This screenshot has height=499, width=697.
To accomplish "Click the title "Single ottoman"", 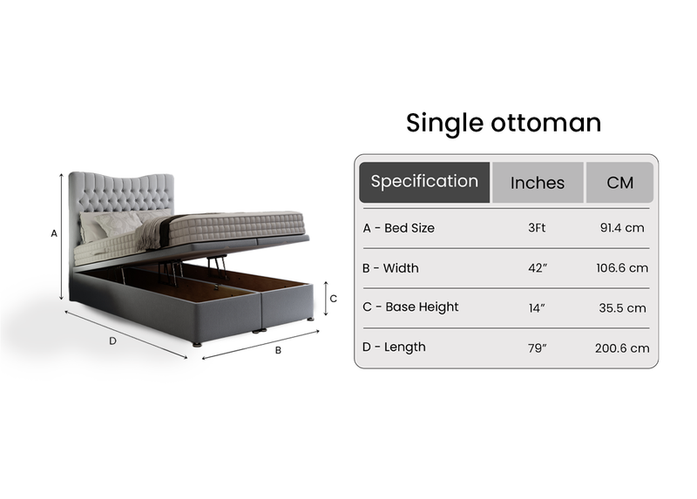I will click(504, 123).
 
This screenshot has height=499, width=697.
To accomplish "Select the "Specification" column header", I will click(424, 182).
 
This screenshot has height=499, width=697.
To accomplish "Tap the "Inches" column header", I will click(538, 183).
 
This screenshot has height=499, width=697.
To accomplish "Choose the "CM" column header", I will click(619, 183).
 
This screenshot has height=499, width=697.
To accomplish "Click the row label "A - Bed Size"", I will click(398, 228).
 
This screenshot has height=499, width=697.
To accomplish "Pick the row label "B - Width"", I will click(390, 268).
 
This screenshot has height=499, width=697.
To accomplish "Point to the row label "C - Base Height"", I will click(410, 307).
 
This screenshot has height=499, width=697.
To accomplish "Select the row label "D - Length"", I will click(394, 347).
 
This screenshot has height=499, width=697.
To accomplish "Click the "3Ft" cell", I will click(538, 228).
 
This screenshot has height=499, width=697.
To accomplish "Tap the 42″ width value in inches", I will click(538, 268).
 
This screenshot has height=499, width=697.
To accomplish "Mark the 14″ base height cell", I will click(538, 307).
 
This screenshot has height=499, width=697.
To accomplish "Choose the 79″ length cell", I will click(538, 348).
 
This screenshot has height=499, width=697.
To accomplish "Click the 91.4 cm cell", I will click(622, 228).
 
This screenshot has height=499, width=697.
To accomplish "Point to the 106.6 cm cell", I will click(622, 268).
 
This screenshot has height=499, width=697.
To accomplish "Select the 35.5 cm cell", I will click(622, 307).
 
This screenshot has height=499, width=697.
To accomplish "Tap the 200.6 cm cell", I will click(622, 348).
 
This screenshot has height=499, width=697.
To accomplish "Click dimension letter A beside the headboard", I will click(54, 233).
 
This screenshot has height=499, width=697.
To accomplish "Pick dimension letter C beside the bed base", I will click(334, 298).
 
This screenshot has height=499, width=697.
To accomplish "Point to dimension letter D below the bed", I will click(112, 341).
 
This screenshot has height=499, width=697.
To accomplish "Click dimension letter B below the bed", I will click(278, 351).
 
